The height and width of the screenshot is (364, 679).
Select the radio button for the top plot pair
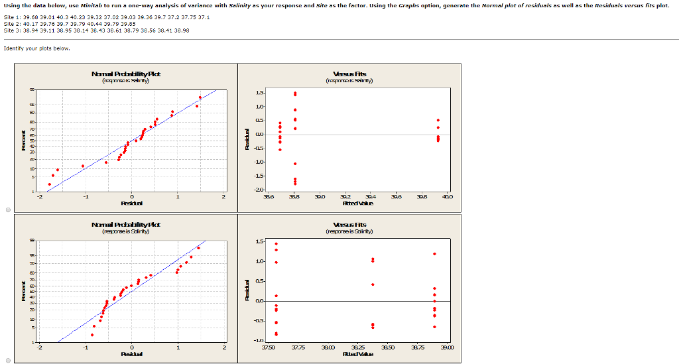tap(7, 210)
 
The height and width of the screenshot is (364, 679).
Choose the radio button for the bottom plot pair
tap(7, 360)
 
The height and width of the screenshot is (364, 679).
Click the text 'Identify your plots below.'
tap(36, 48)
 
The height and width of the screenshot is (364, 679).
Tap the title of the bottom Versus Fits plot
tap(351, 225)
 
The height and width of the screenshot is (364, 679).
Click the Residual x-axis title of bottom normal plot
tap(131, 353)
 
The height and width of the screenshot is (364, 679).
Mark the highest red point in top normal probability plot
tap(200, 97)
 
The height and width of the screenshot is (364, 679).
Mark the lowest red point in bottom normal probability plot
tap(92, 335)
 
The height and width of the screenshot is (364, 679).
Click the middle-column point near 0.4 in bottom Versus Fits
tap(373, 284)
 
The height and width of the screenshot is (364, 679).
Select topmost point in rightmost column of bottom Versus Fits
tap(434, 253)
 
